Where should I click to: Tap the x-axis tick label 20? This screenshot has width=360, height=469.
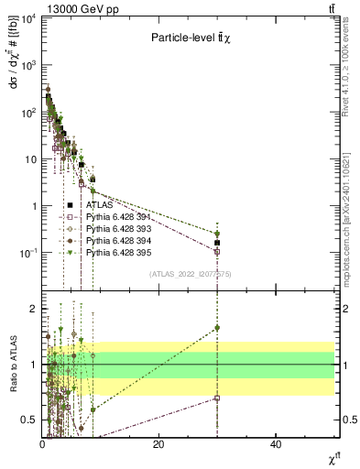coord(158,444)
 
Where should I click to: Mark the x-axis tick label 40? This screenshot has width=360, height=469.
coord(276,444)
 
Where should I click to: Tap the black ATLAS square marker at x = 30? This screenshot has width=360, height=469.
coord(217,243)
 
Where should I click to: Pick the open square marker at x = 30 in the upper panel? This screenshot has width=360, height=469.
coord(217,251)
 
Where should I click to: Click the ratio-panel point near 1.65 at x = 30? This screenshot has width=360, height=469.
coord(217,327)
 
